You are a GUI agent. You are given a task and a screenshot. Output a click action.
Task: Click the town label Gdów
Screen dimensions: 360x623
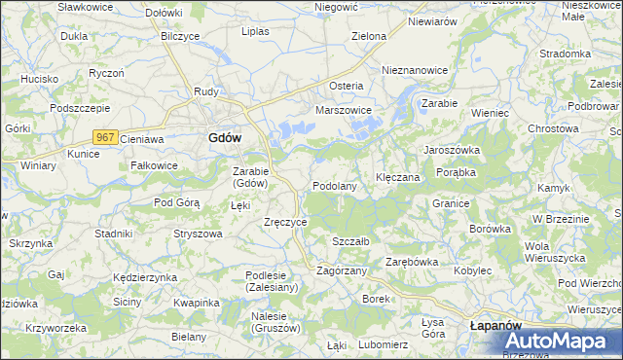click(x=225, y=138)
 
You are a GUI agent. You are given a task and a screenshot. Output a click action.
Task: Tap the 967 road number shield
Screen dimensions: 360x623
click(x=107, y=139)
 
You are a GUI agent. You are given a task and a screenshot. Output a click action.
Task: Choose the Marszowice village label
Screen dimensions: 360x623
click(x=344, y=110)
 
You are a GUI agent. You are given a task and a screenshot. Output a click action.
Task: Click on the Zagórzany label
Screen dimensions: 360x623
click(x=342, y=270)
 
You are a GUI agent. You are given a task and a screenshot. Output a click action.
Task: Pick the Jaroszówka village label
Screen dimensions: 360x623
click(x=452, y=150)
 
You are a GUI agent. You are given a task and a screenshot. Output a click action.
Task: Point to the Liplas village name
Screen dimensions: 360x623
click(x=255, y=31)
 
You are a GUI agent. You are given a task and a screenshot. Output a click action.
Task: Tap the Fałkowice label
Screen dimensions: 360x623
click(x=154, y=165)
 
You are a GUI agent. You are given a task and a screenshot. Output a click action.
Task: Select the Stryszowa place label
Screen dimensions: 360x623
click(x=199, y=234)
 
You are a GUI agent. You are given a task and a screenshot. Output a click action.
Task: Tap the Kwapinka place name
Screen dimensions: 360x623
click(x=194, y=303)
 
